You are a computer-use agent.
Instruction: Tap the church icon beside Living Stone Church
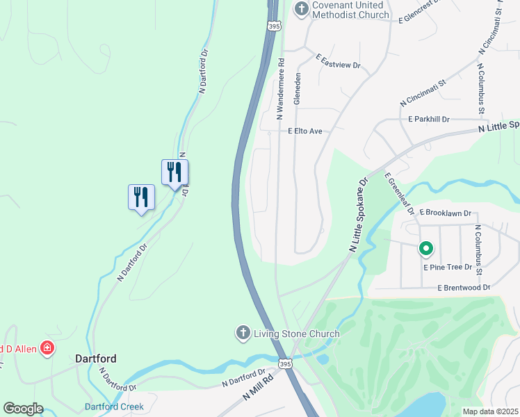coord(243,333)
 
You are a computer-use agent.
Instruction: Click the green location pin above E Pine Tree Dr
coord(425,247)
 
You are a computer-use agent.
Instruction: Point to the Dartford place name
coord(96,359)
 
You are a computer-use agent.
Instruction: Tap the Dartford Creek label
coord(114,407)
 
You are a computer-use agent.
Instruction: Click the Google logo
coord(23,409)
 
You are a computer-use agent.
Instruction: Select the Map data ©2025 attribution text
coord(491,411)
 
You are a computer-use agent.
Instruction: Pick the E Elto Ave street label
coord(305,131)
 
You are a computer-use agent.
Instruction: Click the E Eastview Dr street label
coord(338,61)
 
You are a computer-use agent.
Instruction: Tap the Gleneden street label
coord(297,89)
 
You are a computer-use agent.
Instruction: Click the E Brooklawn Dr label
coord(446,213)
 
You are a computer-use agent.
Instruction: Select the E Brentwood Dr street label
coord(464,287)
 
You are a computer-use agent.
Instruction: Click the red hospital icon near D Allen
coord(47,347)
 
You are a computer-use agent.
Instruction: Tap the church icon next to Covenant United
coord(301,8)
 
